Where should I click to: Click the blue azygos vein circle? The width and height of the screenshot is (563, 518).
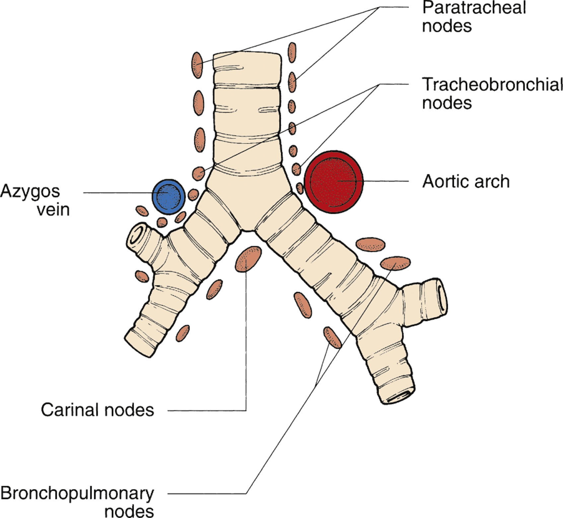click(168, 197)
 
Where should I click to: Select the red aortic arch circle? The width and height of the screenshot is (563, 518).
click(334, 181)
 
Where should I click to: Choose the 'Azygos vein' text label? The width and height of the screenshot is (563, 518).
click(35, 200)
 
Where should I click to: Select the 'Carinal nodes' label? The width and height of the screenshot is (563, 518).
click(98, 410)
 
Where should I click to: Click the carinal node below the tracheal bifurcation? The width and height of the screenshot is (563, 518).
click(248, 259)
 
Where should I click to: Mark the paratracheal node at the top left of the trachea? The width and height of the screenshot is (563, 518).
click(197, 65)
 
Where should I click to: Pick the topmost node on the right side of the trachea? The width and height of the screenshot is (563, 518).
click(292, 52)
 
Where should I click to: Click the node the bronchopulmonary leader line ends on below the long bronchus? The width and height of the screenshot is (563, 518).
click(332, 337)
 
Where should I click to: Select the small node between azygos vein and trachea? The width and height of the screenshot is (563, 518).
click(193, 195)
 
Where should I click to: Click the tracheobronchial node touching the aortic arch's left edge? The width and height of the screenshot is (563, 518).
click(300, 188)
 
